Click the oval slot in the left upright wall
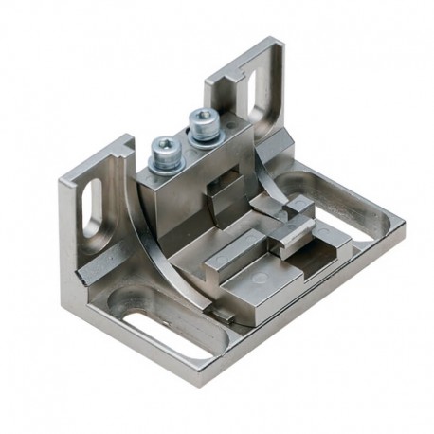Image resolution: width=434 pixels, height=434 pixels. click(94, 205)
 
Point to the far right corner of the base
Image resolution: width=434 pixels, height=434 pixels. click(403, 226)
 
